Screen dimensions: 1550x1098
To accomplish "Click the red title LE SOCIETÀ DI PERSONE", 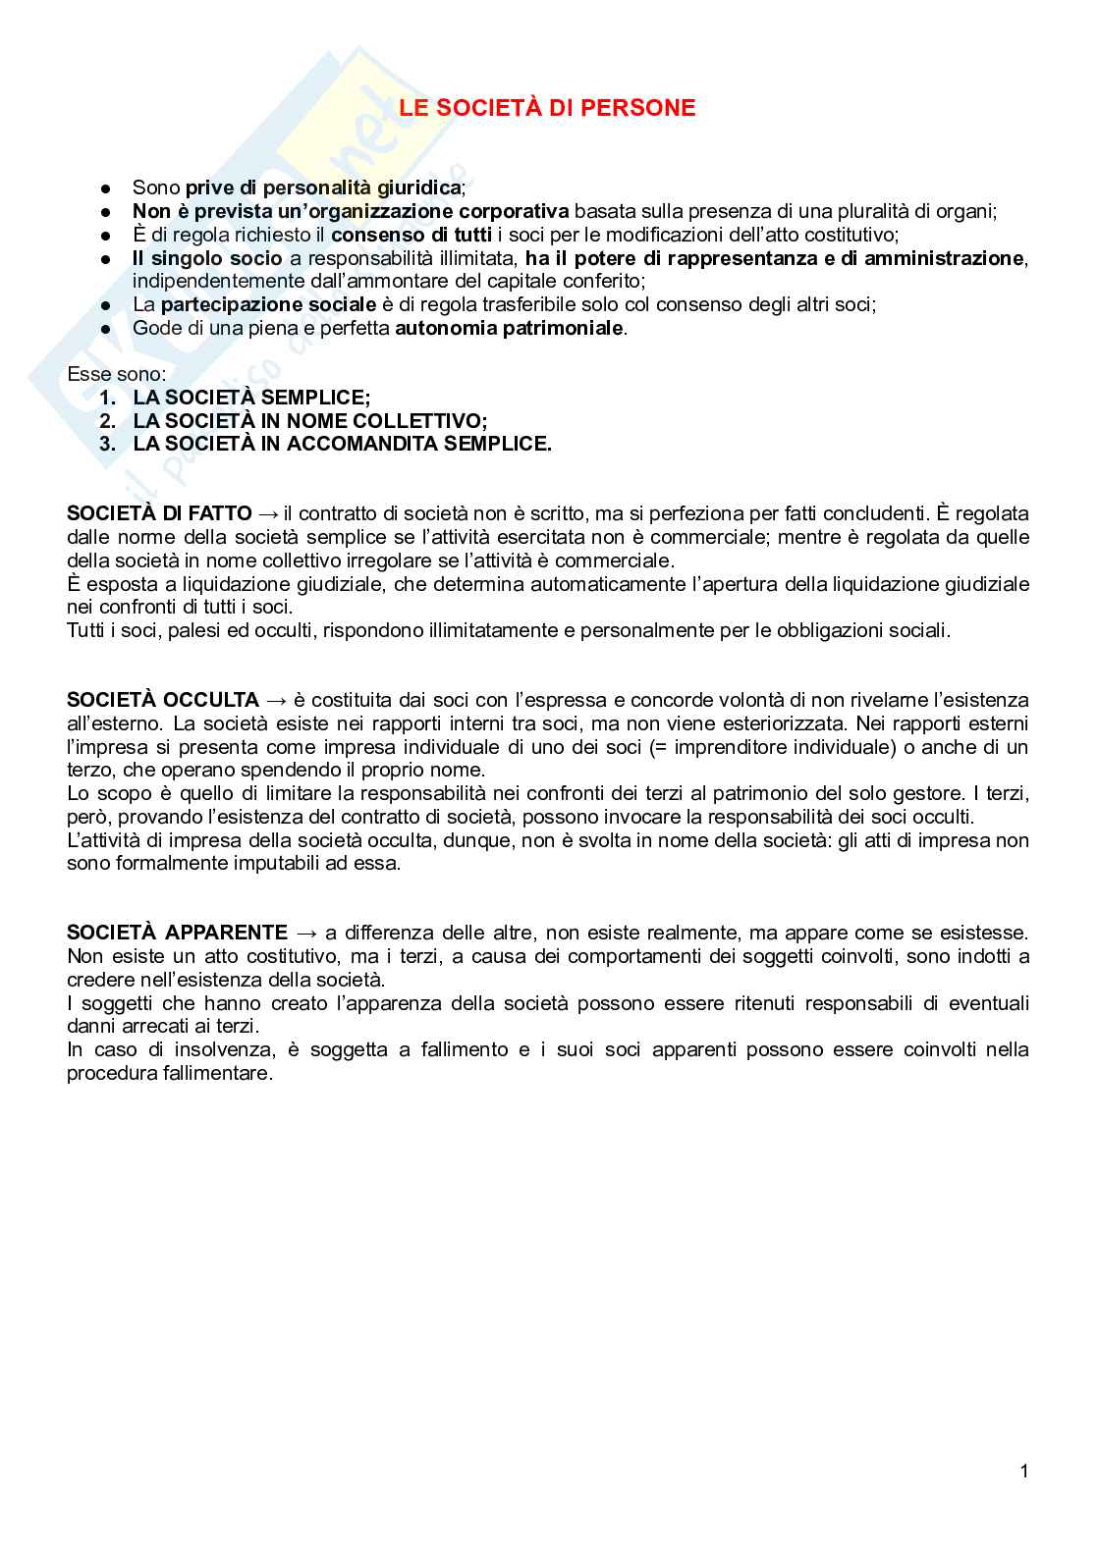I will [546, 109].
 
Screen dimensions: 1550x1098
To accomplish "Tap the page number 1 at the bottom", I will [1024, 1470].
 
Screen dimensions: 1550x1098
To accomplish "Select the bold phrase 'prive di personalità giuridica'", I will [322, 187].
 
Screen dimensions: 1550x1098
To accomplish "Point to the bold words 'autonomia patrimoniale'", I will [509, 328].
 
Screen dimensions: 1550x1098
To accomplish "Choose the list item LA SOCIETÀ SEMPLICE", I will [251, 398].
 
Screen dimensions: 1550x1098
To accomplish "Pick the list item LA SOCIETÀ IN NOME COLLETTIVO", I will [310, 421].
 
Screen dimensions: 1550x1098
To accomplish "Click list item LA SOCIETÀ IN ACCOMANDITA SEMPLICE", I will [342, 445].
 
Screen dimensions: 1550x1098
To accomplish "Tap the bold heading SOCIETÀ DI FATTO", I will [159, 513].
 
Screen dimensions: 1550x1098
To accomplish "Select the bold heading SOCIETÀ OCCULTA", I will [163, 700].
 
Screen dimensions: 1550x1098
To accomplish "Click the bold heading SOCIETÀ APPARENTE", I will [177, 933].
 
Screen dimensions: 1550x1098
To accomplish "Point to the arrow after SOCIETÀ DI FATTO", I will [268, 513].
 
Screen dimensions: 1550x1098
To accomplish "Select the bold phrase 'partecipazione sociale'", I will [268, 304].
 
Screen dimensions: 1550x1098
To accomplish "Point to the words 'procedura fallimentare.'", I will [169, 1073].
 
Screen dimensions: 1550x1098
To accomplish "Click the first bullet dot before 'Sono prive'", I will [105, 188].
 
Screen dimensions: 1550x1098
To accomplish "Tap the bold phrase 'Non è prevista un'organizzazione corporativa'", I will [350, 211].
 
